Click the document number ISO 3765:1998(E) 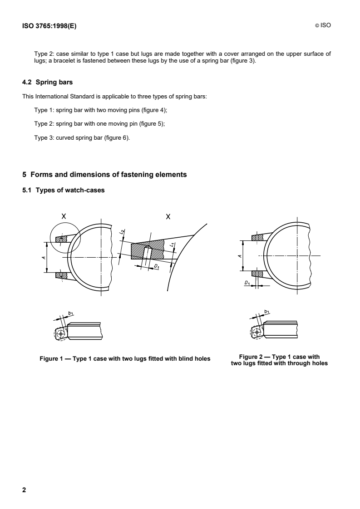(x=49, y=26)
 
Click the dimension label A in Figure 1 (x=44, y=257)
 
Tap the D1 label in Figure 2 (x=247, y=284)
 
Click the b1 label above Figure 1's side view (x=70, y=313)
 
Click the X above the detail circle (x=64, y=217)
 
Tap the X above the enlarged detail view (x=168, y=217)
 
